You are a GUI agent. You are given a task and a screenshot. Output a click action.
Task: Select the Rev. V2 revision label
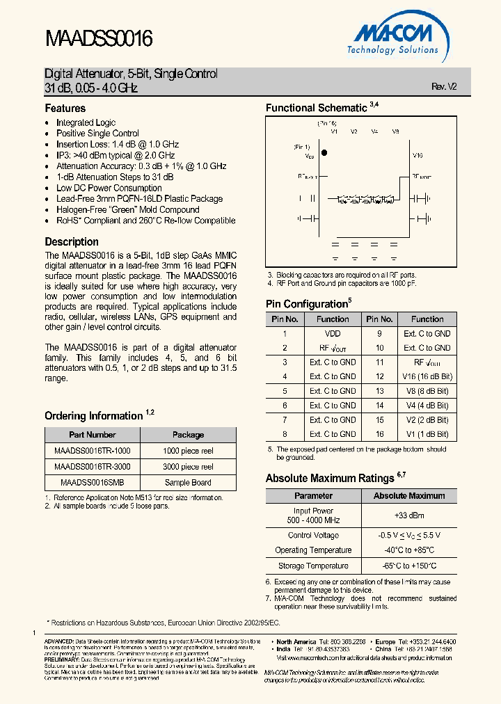point(444,87)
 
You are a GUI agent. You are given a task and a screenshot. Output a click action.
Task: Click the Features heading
point(65,109)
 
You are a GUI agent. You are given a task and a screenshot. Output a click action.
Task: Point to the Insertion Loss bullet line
point(118,144)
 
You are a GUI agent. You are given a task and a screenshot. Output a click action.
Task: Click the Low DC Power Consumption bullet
point(109,188)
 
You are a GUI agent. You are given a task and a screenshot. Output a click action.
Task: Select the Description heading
point(72,242)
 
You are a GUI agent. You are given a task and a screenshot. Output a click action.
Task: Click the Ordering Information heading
point(94,416)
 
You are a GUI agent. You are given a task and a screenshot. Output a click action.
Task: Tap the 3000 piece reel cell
point(188,467)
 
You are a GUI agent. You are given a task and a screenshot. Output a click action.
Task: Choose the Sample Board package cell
point(188,482)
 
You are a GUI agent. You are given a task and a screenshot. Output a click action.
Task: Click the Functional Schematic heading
point(316,108)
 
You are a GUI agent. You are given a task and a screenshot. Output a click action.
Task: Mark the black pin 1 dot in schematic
point(324,152)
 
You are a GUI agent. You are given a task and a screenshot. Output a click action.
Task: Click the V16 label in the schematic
point(417,156)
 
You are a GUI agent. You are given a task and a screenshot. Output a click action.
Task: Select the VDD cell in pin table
point(333,333)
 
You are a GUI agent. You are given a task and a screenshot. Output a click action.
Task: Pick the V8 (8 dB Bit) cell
point(427,391)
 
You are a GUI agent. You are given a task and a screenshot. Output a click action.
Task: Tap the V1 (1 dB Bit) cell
point(427,434)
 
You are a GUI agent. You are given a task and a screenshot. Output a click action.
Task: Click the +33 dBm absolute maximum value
point(408,515)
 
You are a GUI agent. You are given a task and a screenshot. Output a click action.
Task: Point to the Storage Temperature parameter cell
point(313,566)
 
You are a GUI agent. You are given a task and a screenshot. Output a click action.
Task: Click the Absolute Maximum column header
point(408,496)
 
